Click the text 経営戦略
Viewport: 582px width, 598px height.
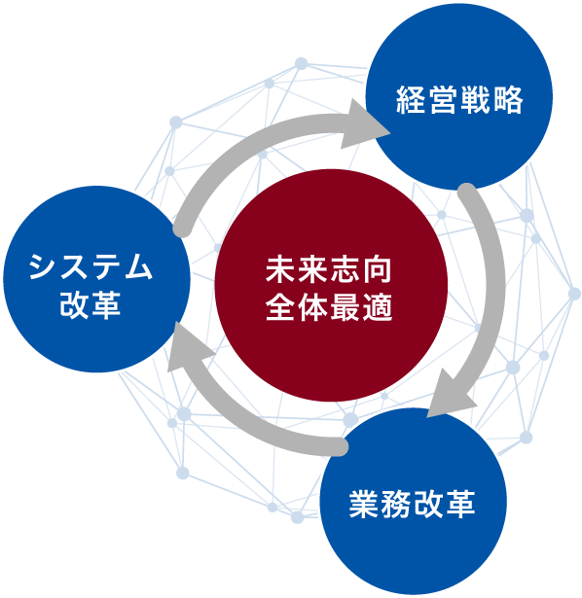(x=459, y=100)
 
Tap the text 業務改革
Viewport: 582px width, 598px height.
(x=413, y=505)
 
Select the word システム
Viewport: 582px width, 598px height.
(x=91, y=265)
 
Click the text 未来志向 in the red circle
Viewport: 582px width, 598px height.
(x=329, y=270)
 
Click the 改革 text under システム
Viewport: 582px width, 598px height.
(x=91, y=304)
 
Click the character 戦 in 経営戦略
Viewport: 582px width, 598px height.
(x=476, y=100)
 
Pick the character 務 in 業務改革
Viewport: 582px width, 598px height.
(x=396, y=505)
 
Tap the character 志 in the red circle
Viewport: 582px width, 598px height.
(x=345, y=270)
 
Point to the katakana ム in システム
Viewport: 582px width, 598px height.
(x=138, y=265)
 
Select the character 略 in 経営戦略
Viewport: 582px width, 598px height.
(x=508, y=100)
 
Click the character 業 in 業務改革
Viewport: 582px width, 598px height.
(x=364, y=505)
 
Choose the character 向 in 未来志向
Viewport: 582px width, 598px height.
(x=378, y=270)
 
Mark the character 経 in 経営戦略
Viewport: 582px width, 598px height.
(x=411, y=100)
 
